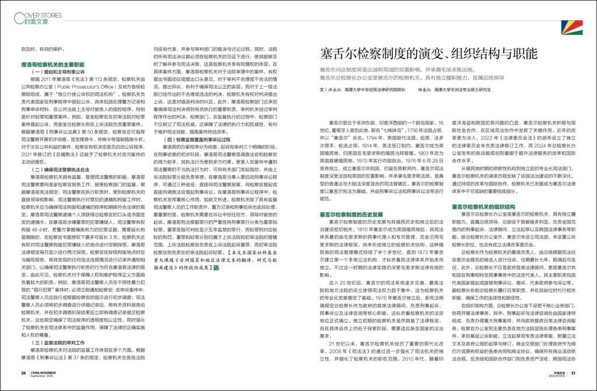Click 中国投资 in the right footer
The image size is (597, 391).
pos(554,372)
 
